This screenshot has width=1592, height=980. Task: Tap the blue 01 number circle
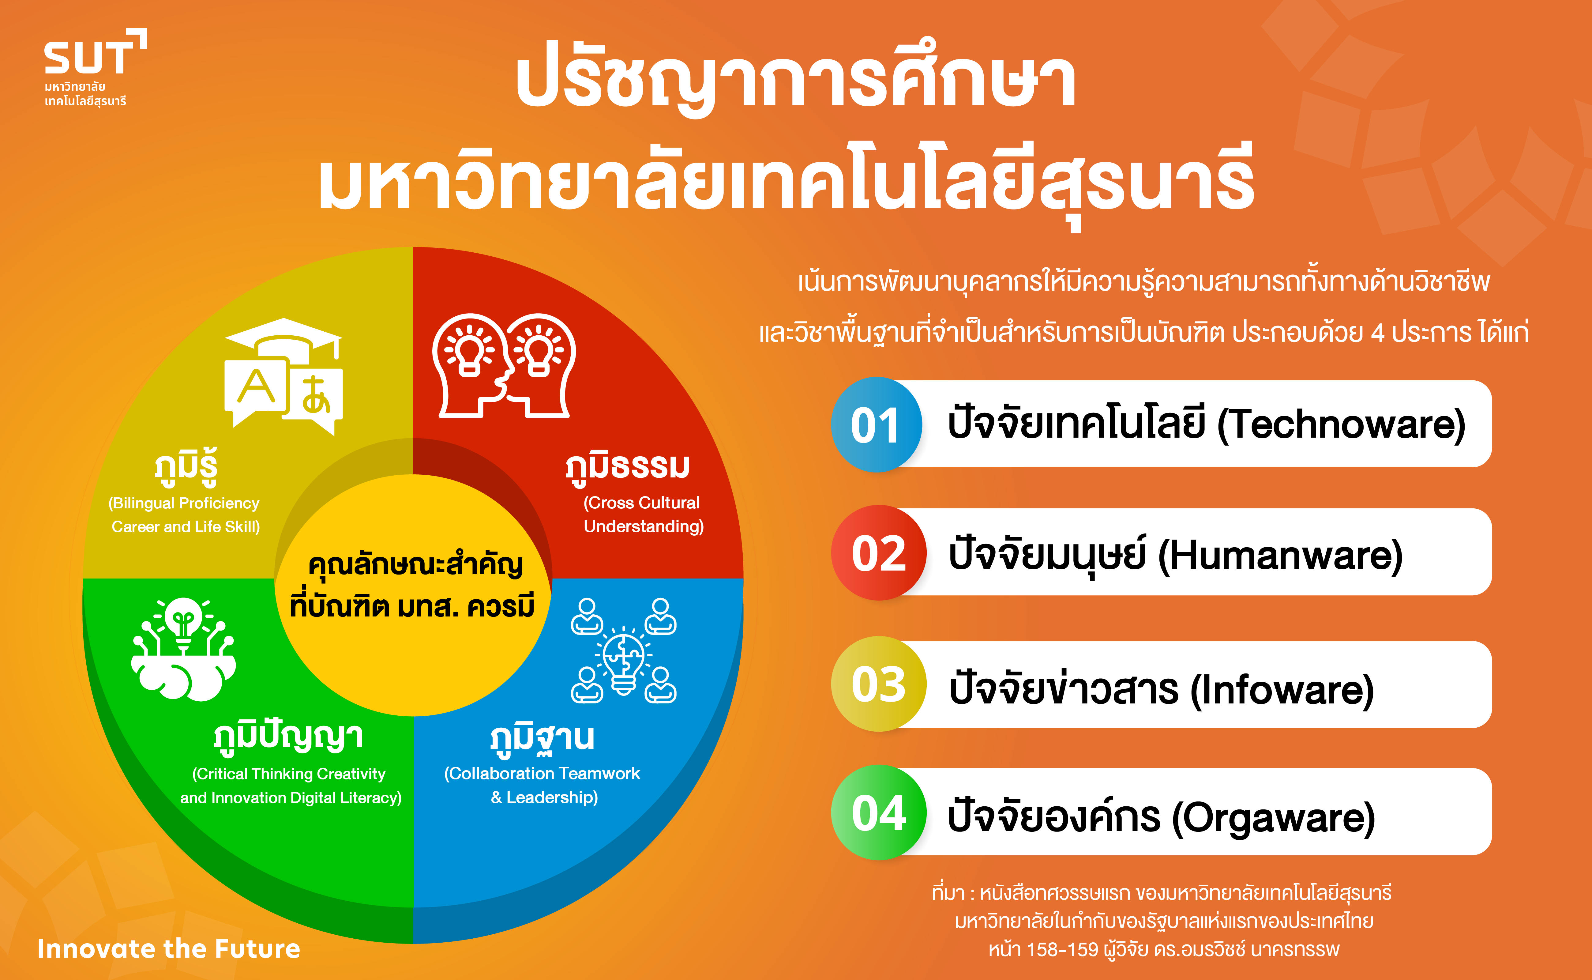876,424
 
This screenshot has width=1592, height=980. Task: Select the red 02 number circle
879,553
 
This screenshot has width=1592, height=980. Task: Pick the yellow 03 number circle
879,684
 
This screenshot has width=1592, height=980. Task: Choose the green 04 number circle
879,813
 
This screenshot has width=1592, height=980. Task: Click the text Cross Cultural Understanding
644,514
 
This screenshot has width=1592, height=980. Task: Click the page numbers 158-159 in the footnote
1063,950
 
